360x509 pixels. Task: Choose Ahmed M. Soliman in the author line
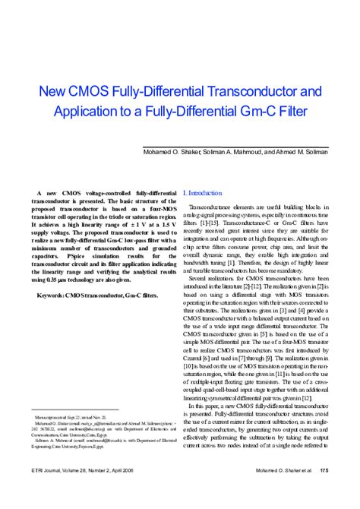[x=301, y=151]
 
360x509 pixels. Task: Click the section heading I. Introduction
[x=203, y=194]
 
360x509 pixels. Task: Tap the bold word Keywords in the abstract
[x=53, y=292]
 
